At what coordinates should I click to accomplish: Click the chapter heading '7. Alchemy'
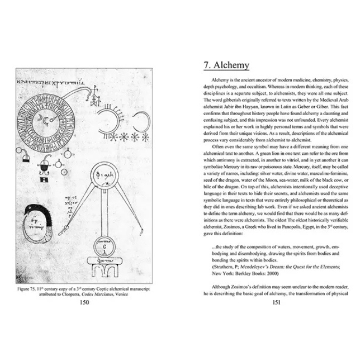[x=227, y=66]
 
